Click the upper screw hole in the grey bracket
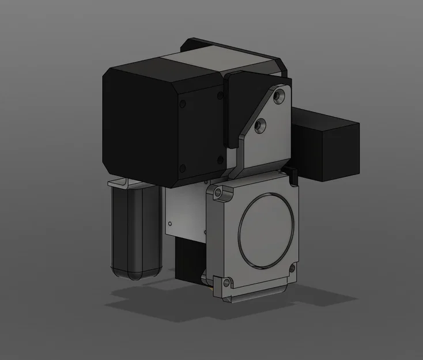(280, 94)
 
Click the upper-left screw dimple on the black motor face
(183, 104)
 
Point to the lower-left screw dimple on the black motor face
(183, 168)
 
